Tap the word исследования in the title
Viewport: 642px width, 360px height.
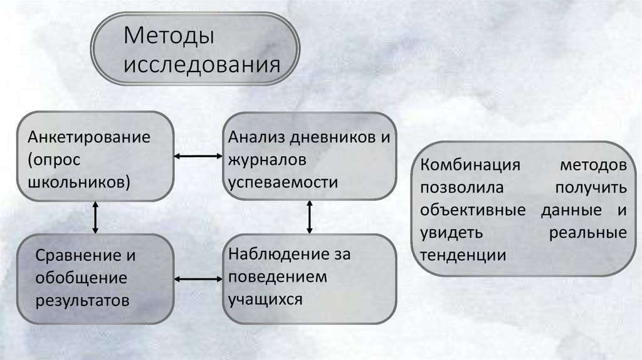(x=201, y=65)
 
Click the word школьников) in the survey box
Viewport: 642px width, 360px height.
(x=79, y=182)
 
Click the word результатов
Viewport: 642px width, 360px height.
(x=83, y=300)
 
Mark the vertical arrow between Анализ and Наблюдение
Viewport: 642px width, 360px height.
(x=310, y=217)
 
